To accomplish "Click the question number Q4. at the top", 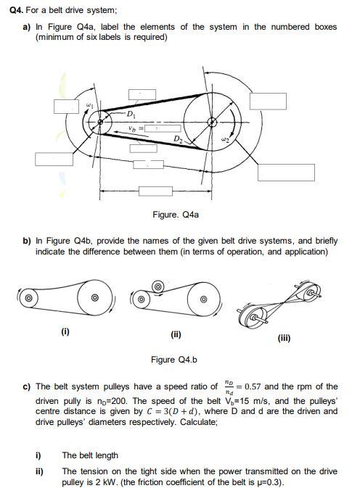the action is click(16, 10).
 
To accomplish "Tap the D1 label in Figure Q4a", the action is click(131, 114).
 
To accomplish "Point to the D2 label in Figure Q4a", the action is click(179, 139).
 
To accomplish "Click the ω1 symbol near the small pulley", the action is click(90, 105).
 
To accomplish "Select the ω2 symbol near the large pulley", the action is click(226, 139).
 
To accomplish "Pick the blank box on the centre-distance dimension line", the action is click(156, 191).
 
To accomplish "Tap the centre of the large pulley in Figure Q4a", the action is click(212, 122).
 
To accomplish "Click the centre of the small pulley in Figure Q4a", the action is click(100, 122).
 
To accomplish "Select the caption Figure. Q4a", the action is click(176, 215).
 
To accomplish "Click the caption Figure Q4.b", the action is click(174, 360).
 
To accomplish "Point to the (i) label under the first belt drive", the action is click(65, 331).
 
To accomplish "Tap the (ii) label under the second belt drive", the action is click(176, 334).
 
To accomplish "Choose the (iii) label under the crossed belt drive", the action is click(284, 338).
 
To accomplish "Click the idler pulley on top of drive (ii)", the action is click(157, 286).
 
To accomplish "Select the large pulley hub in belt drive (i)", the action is click(94, 297).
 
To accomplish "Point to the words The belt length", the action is click(90, 455).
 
